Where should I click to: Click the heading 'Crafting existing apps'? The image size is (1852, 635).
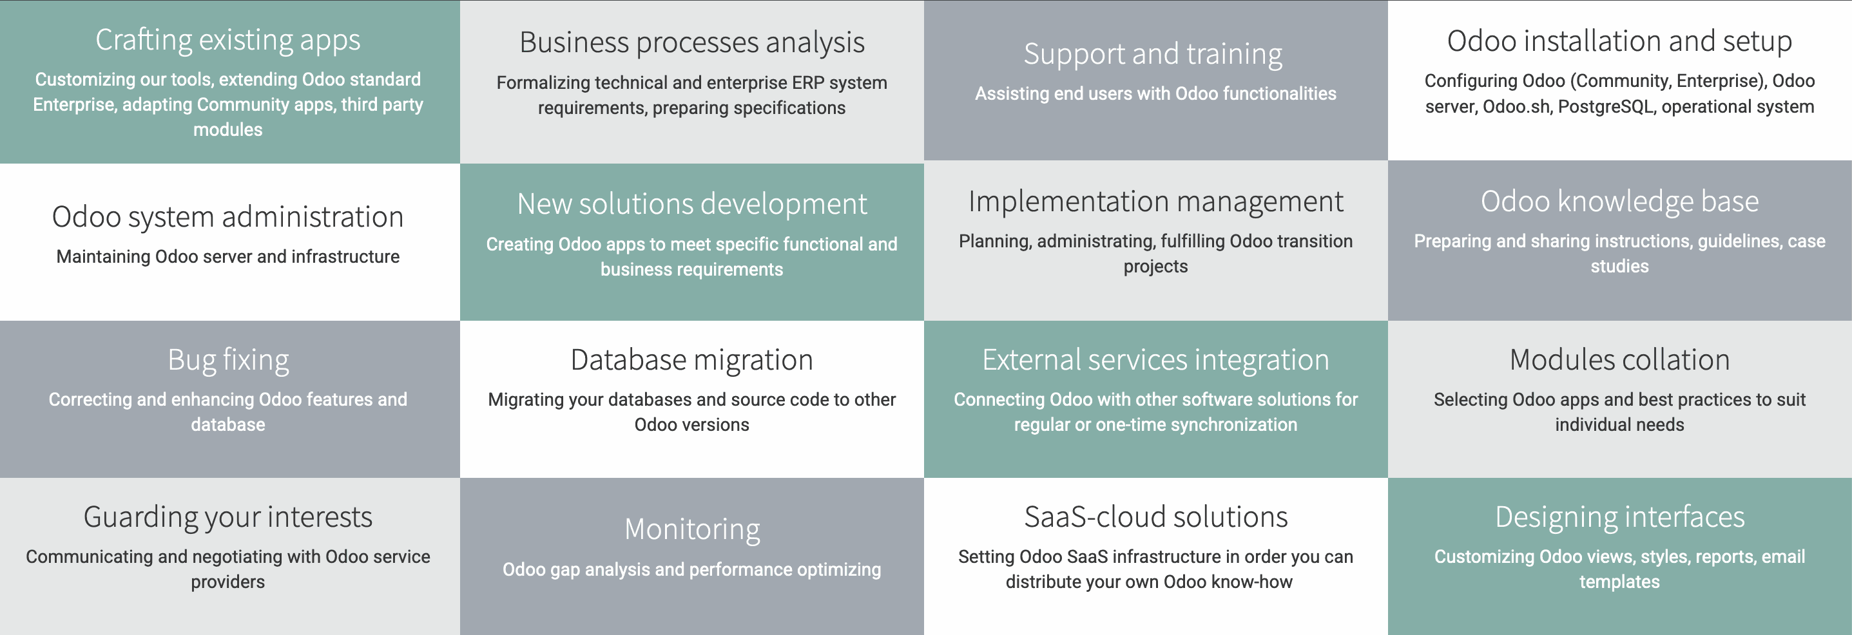pos(228,40)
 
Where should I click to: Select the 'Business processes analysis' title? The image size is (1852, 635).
pos(691,43)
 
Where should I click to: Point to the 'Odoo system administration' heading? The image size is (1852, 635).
pos(228,217)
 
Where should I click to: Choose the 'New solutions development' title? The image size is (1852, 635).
pos(691,204)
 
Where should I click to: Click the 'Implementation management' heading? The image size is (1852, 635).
pos(1155,202)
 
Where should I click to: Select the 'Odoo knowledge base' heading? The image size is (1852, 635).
pos(1619,202)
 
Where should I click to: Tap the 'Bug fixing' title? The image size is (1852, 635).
pos(228,360)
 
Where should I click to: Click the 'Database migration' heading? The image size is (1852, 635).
pos(691,360)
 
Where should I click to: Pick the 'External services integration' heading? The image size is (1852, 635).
pos(1155,360)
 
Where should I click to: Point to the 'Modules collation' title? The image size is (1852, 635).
pos(1619,360)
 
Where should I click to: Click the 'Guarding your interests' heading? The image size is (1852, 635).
pos(228,517)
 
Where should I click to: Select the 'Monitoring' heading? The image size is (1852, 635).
pos(691,529)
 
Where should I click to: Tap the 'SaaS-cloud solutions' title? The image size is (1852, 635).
pos(1155,517)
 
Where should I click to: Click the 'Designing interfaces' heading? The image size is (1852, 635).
pos(1619,517)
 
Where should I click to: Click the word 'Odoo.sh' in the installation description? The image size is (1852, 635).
pos(1516,107)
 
